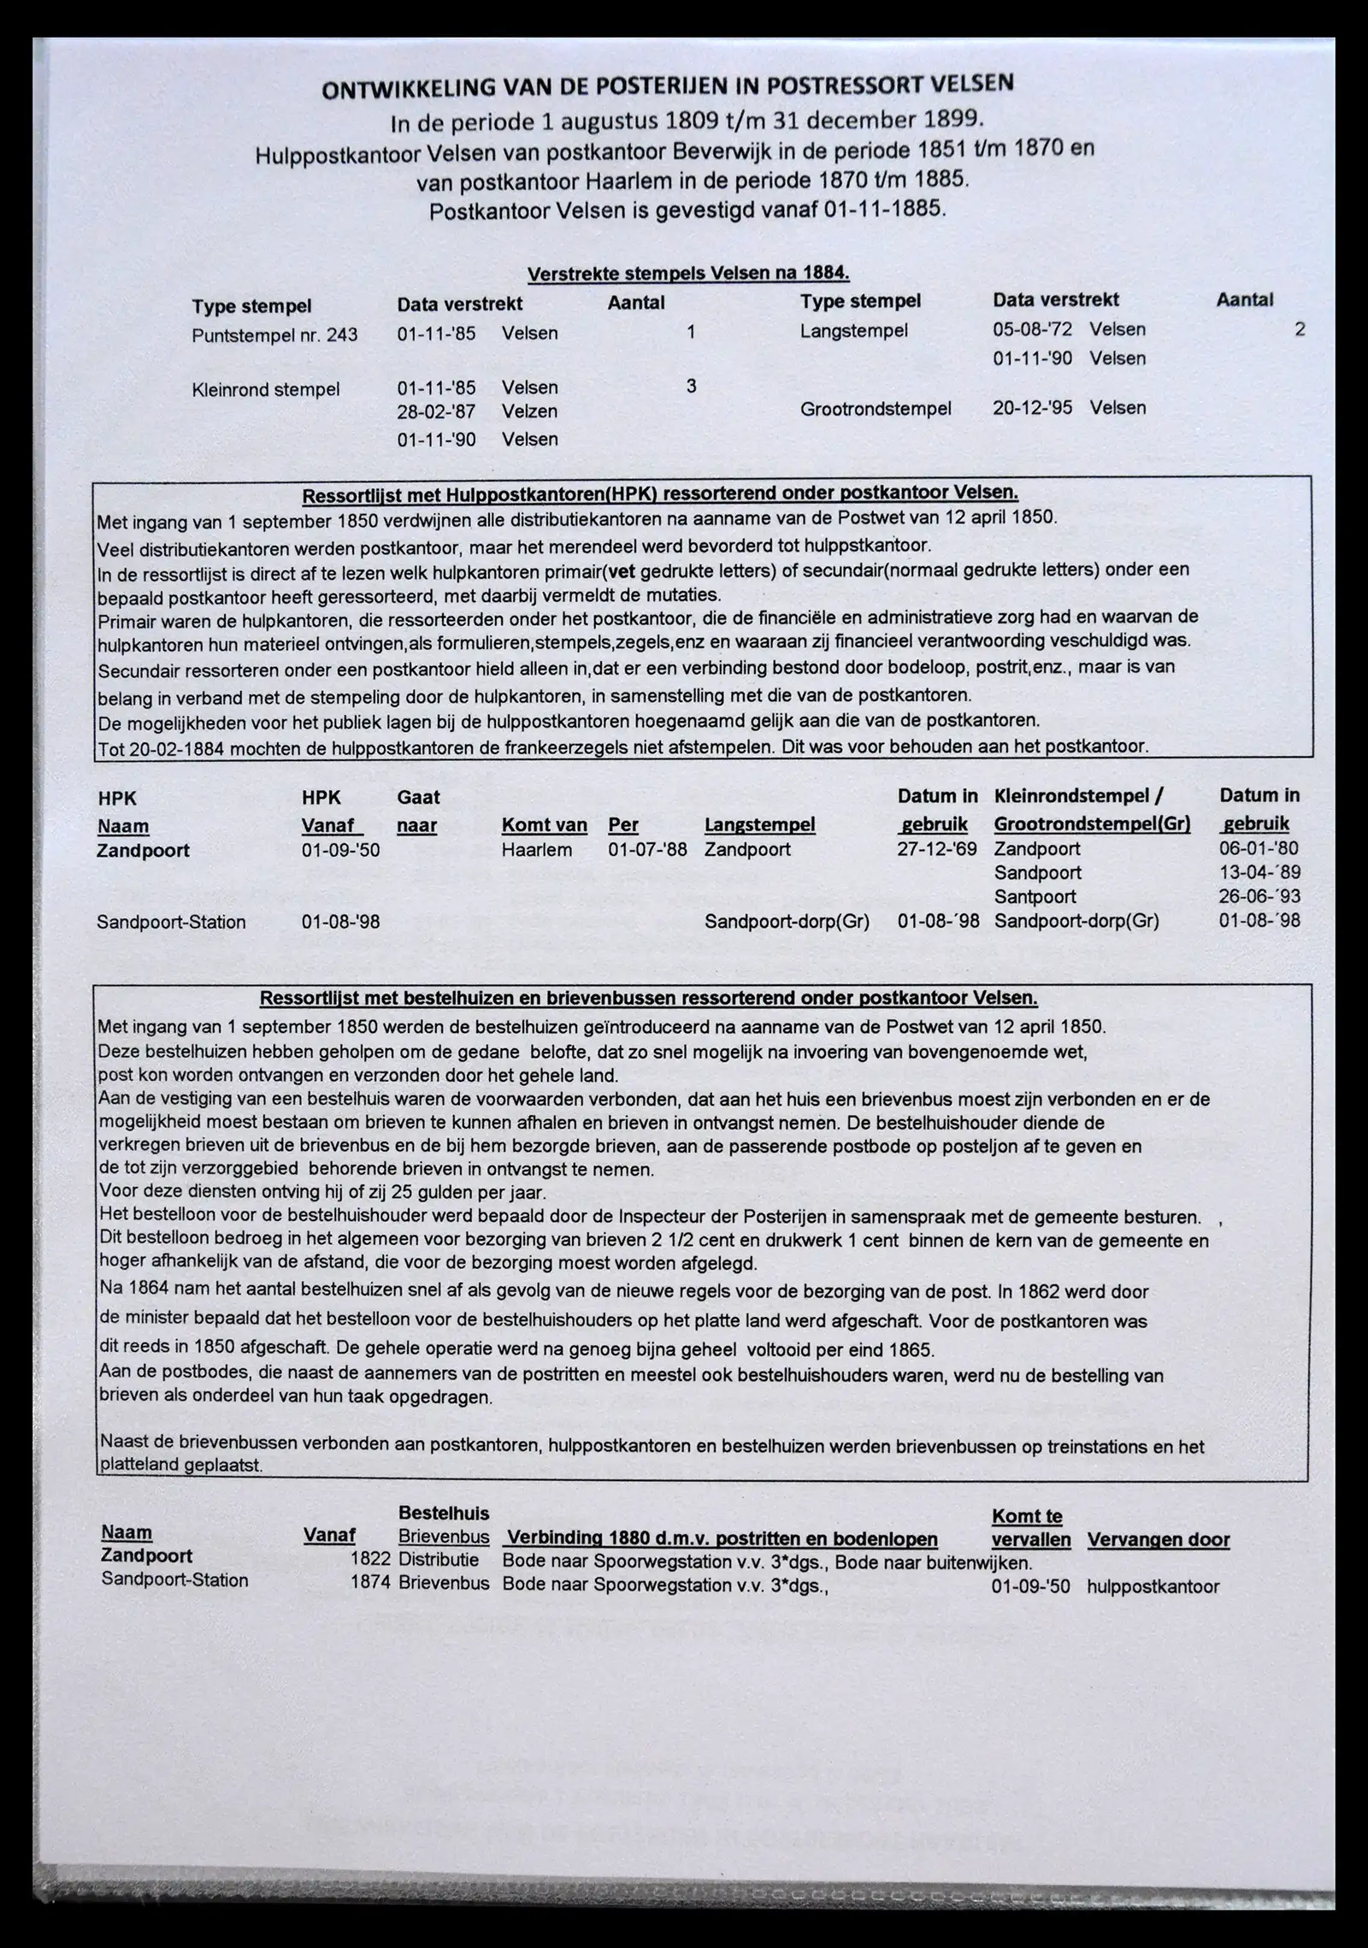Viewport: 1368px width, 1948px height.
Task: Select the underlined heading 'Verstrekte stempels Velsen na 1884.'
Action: pyautogui.click(x=688, y=274)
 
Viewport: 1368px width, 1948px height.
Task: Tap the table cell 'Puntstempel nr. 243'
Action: pyautogui.click(x=274, y=335)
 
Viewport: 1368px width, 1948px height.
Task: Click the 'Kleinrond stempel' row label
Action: pyautogui.click(x=266, y=390)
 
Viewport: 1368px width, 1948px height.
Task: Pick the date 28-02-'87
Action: pyautogui.click(x=436, y=411)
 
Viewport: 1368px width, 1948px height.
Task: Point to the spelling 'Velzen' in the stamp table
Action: pyautogui.click(x=529, y=411)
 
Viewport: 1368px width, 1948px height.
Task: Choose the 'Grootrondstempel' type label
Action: pyautogui.click(x=876, y=409)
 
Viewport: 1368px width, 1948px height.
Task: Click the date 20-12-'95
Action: pyautogui.click(x=1032, y=408)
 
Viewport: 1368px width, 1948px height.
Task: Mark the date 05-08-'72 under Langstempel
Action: pyautogui.click(x=1032, y=330)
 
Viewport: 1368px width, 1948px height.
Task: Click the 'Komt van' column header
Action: pyautogui.click(x=544, y=825)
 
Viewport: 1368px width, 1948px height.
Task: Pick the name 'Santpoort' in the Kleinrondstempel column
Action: pyautogui.click(x=1035, y=897)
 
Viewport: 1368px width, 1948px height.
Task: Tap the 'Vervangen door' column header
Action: pyautogui.click(x=1158, y=1540)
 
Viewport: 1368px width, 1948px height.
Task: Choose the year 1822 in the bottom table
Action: pyautogui.click(x=370, y=1559)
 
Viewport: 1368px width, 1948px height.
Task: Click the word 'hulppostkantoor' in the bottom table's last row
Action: pyautogui.click(x=1153, y=1587)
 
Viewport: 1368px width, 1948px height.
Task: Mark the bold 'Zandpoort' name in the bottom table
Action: pyautogui.click(x=146, y=1556)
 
